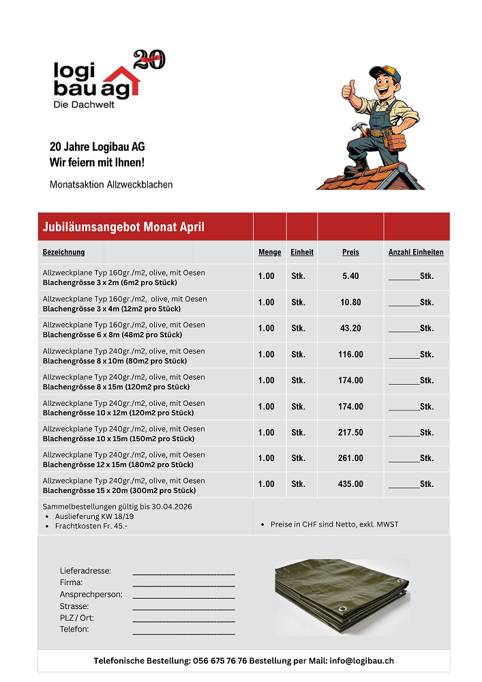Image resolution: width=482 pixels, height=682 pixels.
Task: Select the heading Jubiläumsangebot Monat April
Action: [123, 227]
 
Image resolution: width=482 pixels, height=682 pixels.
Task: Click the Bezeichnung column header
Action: [63, 252]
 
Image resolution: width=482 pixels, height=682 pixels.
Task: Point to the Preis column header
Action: [350, 252]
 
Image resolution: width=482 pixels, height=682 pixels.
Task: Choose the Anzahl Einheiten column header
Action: [416, 252]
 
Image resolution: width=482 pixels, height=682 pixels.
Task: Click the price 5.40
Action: [350, 276]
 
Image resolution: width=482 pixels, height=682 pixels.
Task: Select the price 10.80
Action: [350, 302]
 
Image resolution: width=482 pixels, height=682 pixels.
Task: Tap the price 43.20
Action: [350, 328]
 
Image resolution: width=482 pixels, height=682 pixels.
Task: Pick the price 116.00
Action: [350, 355]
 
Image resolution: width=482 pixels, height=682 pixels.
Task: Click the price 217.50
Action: [350, 432]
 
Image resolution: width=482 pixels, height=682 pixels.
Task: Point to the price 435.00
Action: [350, 484]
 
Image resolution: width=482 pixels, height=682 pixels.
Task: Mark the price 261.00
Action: [350, 458]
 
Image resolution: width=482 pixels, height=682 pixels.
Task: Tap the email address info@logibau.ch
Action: [361, 661]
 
